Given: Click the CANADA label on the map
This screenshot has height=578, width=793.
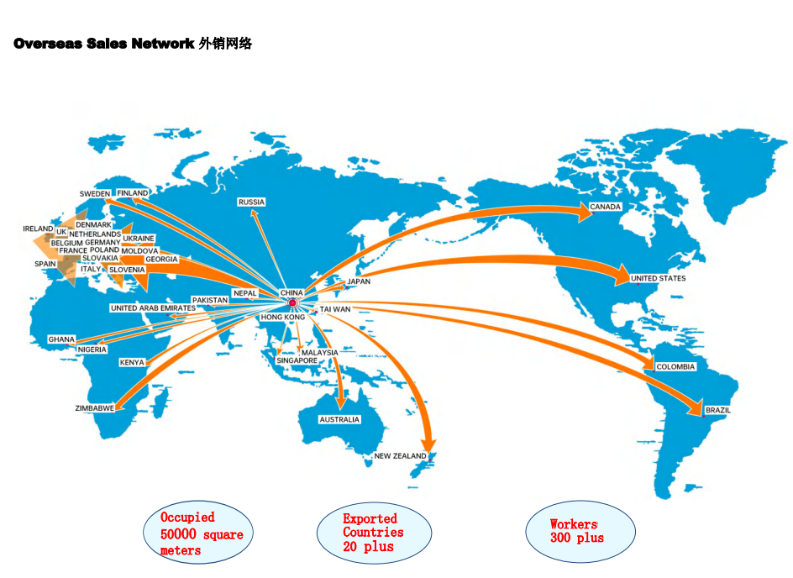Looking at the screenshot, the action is [605, 207].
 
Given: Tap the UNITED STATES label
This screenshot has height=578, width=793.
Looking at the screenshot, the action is [658, 278].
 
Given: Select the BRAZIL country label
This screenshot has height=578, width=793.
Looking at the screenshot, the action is [717, 410].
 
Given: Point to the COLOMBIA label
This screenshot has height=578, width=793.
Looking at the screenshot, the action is [675, 366].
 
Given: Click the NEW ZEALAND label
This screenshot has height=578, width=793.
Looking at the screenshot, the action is [400, 455].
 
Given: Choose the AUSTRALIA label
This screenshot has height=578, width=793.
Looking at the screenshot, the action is [339, 419].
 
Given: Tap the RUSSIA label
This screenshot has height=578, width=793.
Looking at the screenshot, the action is [251, 202].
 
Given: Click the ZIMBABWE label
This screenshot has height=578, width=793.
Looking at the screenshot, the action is [95, 408].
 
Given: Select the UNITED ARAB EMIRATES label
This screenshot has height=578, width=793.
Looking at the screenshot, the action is [153, 308].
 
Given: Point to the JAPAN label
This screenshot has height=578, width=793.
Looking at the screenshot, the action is [359, 281].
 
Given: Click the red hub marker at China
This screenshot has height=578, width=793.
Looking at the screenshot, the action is [292, 302].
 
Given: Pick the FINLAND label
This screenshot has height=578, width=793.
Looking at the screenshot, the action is [133, 193].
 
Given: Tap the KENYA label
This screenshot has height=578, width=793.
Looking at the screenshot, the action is [132, 362].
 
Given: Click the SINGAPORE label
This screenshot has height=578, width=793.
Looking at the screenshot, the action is [297, 360].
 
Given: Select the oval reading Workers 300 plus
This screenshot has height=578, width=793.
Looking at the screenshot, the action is [580, 532].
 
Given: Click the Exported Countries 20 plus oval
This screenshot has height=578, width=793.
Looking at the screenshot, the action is [375, 533].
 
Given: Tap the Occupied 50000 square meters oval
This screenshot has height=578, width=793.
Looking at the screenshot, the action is [198, 533].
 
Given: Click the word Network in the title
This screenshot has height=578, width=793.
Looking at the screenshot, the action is [163, 44].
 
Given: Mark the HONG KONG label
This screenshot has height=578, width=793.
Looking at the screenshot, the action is [283, 317].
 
